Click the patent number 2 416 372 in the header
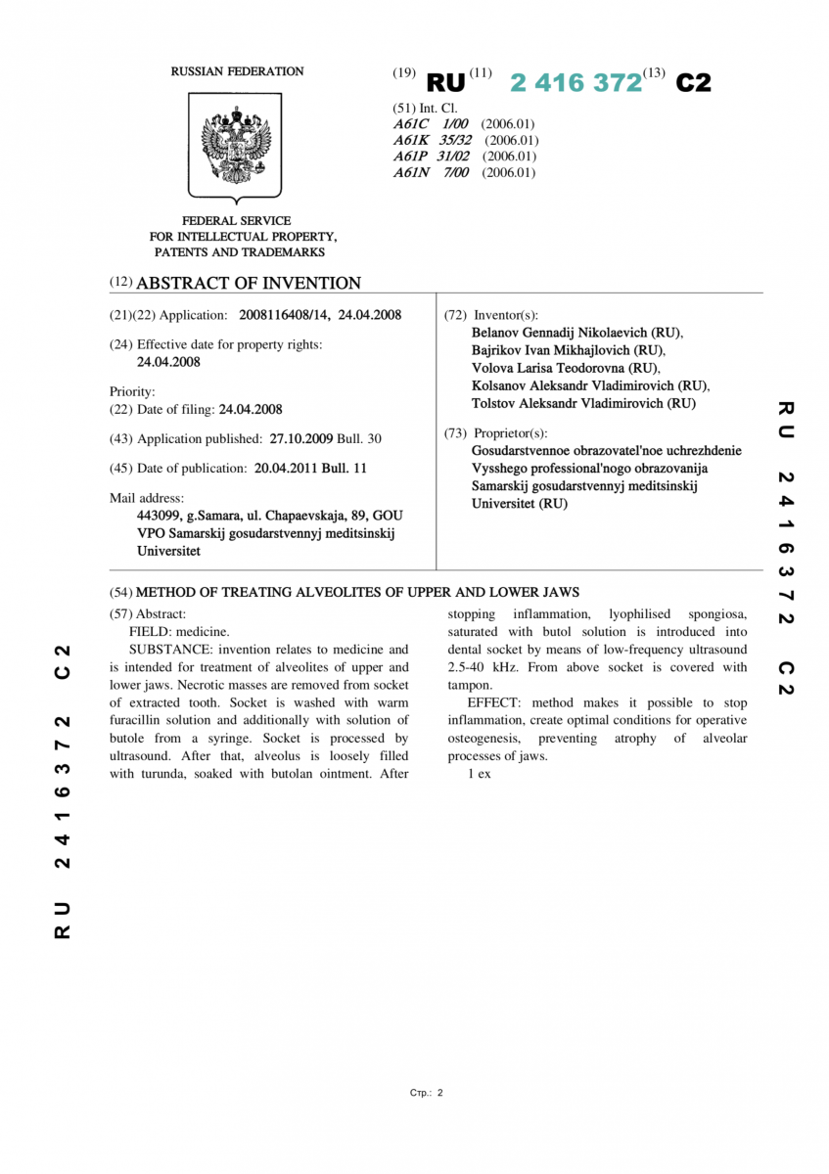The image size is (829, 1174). tap(576, 83)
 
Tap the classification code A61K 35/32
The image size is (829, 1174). tap(433, 140)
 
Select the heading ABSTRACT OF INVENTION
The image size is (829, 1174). tap(249, 284)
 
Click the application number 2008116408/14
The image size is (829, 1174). tap(284, 315)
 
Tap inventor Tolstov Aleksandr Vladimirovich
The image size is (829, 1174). tap(568, 403)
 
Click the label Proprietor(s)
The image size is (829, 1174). tap(511, 433)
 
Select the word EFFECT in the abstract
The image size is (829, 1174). tap(493, 703)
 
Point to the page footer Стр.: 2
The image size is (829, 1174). tap(427, 1093)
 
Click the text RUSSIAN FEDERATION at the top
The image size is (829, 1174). tap(237, 71)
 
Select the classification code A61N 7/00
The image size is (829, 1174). tap(432, 173)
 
